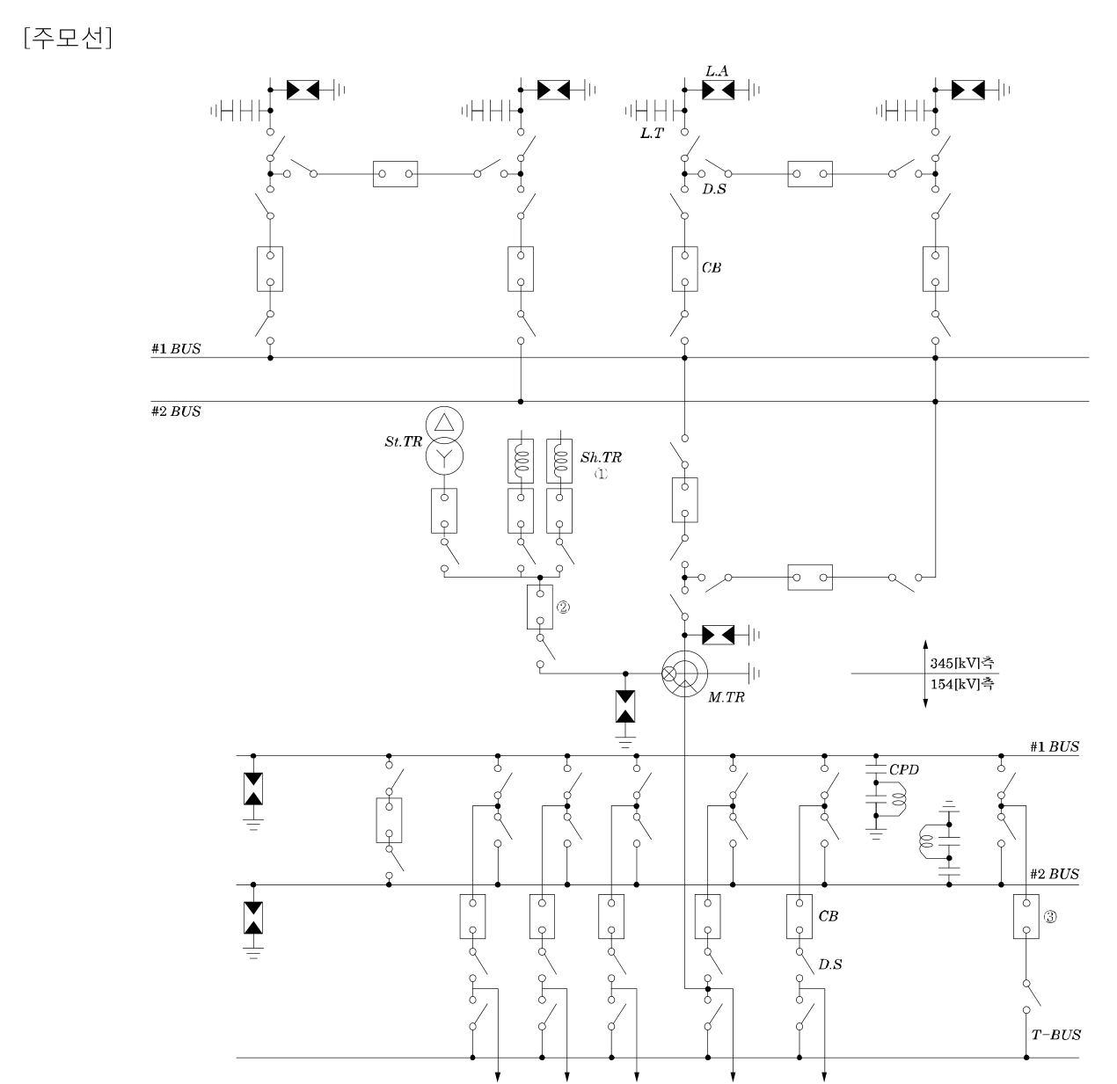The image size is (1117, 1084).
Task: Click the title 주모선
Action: [68, 39]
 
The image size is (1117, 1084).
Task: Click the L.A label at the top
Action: [717, 71]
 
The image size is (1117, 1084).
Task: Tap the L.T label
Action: [652, 133]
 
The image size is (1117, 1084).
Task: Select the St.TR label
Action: [403, 441]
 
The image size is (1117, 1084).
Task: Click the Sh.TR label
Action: [601, 457]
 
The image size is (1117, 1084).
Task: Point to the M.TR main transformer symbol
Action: [684, 673]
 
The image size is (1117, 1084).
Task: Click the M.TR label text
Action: [726, 697]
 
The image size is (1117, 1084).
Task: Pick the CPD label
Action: [903, 769]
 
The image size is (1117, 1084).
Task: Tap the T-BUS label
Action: [1055, 1035]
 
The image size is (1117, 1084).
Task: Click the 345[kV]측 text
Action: [962, 663]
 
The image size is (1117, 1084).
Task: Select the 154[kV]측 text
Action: [962, 684]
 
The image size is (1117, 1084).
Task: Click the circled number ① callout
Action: [601, 473]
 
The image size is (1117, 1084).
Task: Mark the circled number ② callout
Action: [563, 607]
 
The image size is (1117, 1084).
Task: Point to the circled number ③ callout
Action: [1050, 917]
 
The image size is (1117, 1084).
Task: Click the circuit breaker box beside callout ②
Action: [539, 607]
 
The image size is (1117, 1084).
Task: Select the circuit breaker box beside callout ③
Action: [1026, 916]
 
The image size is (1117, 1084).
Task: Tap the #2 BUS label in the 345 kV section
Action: [176, 411]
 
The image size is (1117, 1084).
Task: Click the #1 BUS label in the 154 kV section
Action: [1054, 746]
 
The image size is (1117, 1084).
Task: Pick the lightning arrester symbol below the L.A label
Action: [718, 90]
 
